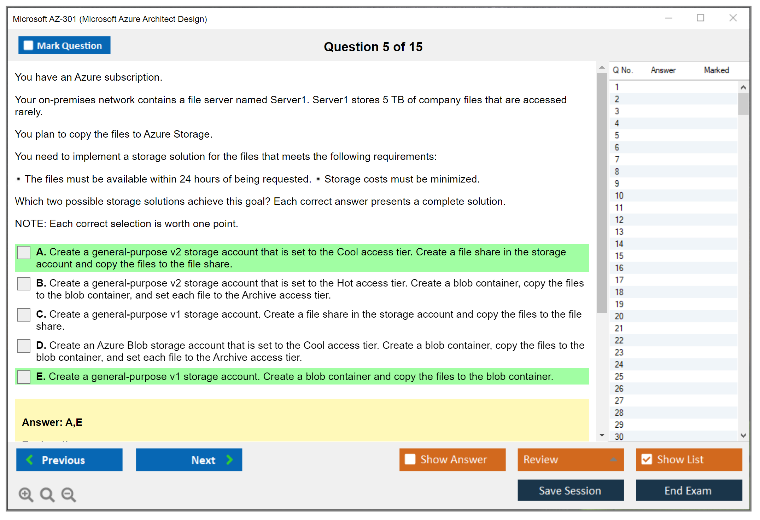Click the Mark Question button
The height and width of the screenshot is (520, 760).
[x=64, y=45]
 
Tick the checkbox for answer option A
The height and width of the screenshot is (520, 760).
[x=24, y=253]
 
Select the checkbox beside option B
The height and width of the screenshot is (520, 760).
[x=24, y=284]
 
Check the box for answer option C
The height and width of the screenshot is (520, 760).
[x=24, y=315]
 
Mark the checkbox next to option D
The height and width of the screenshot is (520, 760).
[x=24, y=346]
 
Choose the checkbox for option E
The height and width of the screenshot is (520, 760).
[x=24, y=377]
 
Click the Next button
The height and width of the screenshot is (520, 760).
[x=189, y=460]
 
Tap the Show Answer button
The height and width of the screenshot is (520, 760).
[x=452, y=460]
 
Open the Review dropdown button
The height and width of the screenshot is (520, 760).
[x=571, y=460]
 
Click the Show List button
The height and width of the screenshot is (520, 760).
[x=689, y=460]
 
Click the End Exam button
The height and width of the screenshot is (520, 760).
[x=689, y=490]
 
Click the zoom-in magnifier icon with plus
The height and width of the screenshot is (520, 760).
[x=26, y=495]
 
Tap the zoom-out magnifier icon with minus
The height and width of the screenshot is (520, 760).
[x=69, y=495]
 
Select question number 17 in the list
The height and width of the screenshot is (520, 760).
[x=619, y=280]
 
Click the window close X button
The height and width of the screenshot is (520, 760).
[x=733, y=18]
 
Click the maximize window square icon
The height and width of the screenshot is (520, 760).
[x=701, y=18]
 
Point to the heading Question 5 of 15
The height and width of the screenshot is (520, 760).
[x=373, y=47]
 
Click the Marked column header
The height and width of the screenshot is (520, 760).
[x=717, y=70]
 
